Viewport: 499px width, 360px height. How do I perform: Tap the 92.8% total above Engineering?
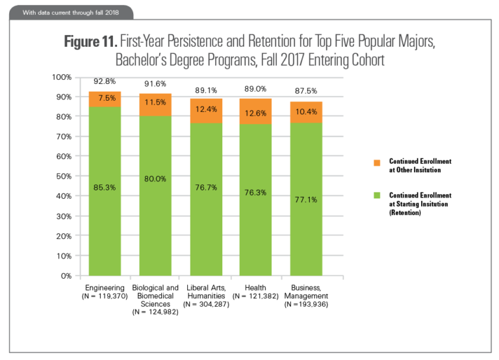[x=105, y=82]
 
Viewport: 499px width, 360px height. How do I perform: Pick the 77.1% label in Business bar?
[x=306, y=199]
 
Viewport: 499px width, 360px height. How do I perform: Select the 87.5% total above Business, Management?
[x=306, y=90]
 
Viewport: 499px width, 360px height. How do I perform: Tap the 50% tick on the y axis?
[x=63, y=176]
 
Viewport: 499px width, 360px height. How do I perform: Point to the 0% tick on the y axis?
[x=66, y=276]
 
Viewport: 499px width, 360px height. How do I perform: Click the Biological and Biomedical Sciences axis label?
[x=156, y=296]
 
